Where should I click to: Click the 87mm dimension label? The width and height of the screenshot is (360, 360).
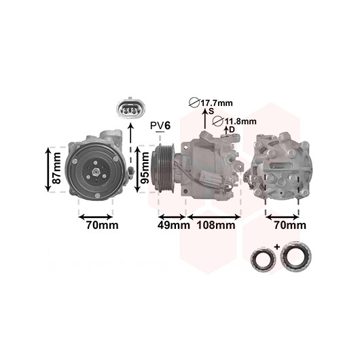point(56,168)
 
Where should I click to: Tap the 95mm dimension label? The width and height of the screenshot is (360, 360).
point(145,168)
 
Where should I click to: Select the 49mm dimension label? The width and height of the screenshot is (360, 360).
point(174,226)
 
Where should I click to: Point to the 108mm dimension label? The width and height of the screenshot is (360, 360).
point(216,226)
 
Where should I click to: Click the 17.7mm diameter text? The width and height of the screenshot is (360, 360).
point(217,103)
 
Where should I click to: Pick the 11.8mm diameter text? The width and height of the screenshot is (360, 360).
point(240,121)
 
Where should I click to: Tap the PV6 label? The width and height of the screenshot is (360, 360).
point(160,126)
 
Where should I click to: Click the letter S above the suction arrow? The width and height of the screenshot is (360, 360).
point(211,111)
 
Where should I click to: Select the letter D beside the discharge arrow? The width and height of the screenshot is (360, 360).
point(232,130)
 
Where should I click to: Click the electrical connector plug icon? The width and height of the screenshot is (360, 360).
point(130,110)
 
